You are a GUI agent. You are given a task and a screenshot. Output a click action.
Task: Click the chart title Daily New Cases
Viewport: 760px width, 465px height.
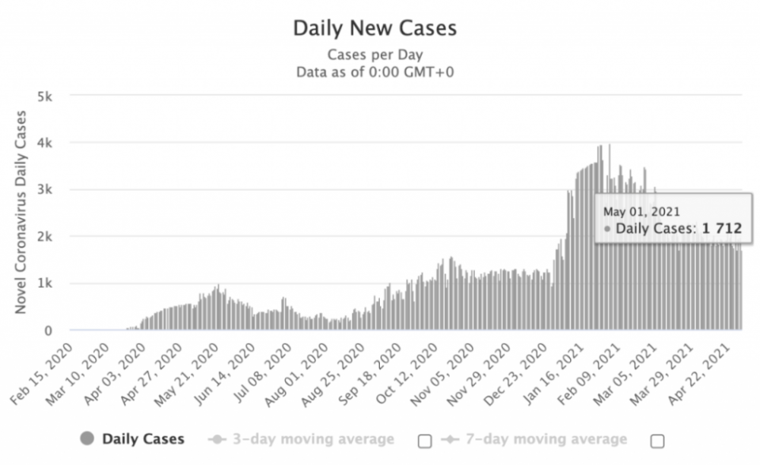point(375,29)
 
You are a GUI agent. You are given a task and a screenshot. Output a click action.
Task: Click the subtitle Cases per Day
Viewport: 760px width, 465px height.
point(375,55)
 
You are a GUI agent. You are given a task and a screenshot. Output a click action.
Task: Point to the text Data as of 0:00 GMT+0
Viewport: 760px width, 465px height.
point(375,72)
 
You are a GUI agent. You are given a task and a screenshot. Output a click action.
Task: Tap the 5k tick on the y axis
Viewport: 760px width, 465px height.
point(46,96)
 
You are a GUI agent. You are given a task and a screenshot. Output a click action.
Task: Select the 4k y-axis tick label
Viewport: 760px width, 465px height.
point(46,143)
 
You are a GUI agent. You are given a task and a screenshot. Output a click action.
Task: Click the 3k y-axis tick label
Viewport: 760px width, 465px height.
point(46,190)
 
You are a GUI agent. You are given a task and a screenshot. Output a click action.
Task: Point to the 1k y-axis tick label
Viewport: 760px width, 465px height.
point(46,283)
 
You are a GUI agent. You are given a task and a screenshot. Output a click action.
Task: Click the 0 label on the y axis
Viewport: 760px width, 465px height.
point(49,331)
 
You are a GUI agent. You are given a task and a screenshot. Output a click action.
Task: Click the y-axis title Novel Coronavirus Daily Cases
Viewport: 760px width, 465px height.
point(21,213)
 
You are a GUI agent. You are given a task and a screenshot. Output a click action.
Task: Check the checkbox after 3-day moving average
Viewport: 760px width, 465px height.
point(425,440)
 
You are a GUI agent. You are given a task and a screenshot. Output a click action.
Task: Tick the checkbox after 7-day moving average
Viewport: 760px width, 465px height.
point(657,440)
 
